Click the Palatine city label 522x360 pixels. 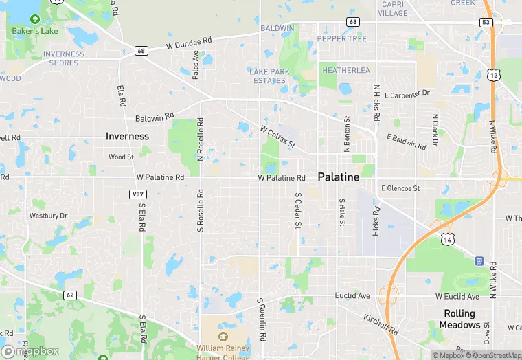click(x=339, y=177)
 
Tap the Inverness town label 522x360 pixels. click(x=127, y=136)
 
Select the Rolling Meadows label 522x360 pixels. click(x=461, y=319)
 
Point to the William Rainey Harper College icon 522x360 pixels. click(x=223, y=337)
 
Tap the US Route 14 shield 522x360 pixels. click(x=448, y=238)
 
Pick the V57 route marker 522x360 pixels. click(x=137, y=194)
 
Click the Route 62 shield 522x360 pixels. click(x=70, y=295)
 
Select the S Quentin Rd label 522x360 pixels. click(x=261, y=319)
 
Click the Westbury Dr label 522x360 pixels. click(x=48, y=216)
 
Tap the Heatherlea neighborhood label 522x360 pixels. click(x=346, y=71)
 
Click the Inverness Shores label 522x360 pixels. click(x=64, y=58)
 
